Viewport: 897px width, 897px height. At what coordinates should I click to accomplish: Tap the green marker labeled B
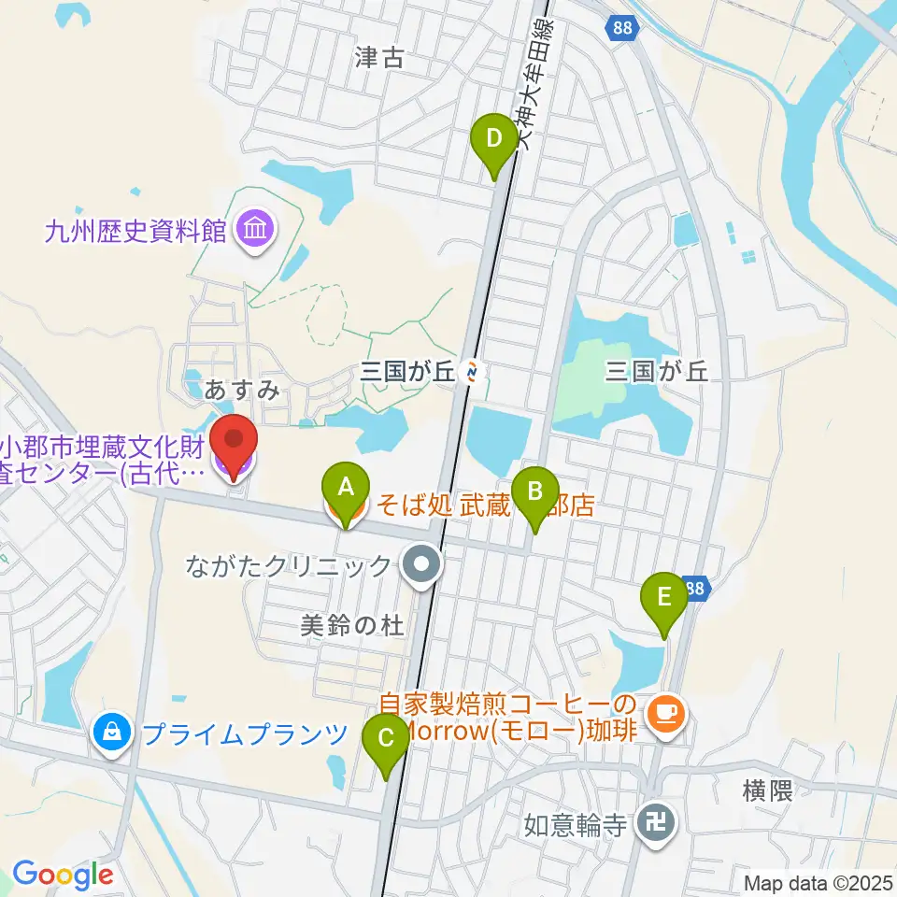pos(535,491)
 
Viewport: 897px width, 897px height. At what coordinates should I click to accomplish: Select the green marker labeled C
pos(387,739)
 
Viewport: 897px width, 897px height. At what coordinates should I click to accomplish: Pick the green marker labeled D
pos(494,139)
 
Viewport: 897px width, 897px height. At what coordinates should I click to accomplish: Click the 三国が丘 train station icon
pos(474,373)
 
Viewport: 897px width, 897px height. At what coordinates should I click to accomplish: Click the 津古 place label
pos(379,58)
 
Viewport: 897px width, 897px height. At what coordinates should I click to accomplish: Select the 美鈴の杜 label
pos(353,626)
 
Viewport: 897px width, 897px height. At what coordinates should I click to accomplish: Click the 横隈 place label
pos(768,792)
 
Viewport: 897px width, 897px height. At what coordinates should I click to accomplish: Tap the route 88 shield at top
pos(622,29)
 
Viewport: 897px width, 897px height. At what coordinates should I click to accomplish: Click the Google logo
pos(63,875)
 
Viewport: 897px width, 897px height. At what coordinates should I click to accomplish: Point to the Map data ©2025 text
pos(819,883)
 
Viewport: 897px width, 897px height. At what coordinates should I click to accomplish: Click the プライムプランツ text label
pos(244,733)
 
